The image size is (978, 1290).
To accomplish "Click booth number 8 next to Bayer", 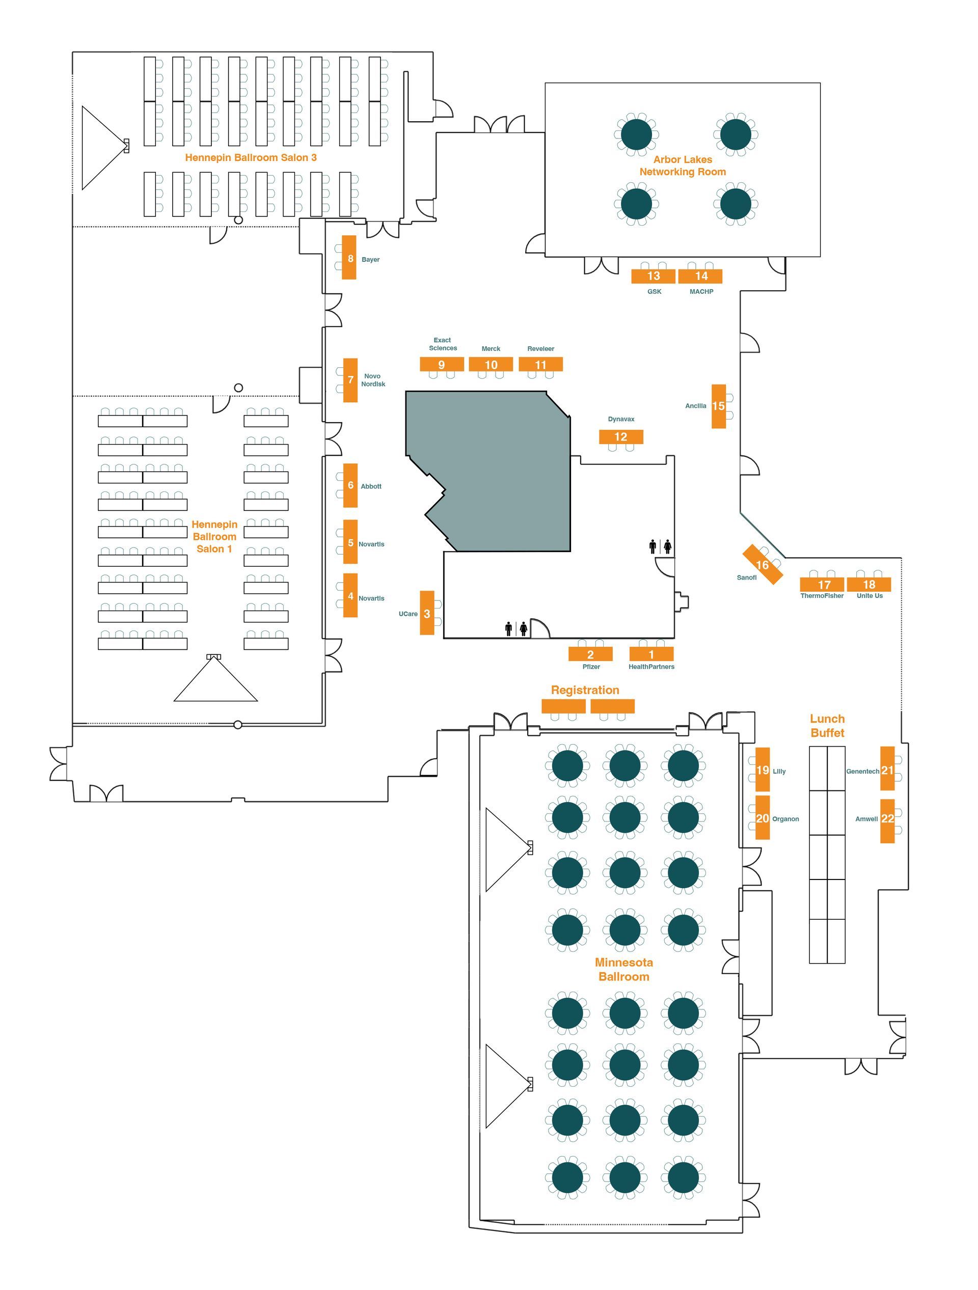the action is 349,257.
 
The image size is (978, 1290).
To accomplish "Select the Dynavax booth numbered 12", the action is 620,437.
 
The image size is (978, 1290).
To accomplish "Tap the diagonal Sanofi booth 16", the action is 762,564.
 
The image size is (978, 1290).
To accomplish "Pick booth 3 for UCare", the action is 427,613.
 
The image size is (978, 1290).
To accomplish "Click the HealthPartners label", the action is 651,667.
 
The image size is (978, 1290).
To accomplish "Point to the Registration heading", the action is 585,690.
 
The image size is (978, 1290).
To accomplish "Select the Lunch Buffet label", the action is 827,726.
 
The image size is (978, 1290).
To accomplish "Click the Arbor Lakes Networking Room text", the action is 683,166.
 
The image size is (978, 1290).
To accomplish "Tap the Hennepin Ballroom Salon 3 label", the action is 251,157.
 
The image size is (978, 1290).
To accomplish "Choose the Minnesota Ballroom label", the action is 623,969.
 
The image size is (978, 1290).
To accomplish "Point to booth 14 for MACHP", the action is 700,277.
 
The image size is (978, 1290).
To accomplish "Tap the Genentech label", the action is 862,772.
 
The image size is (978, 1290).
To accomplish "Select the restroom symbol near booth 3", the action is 515,628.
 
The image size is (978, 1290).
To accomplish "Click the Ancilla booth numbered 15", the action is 719,406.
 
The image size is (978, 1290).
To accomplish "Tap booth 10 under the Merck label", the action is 491,365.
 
